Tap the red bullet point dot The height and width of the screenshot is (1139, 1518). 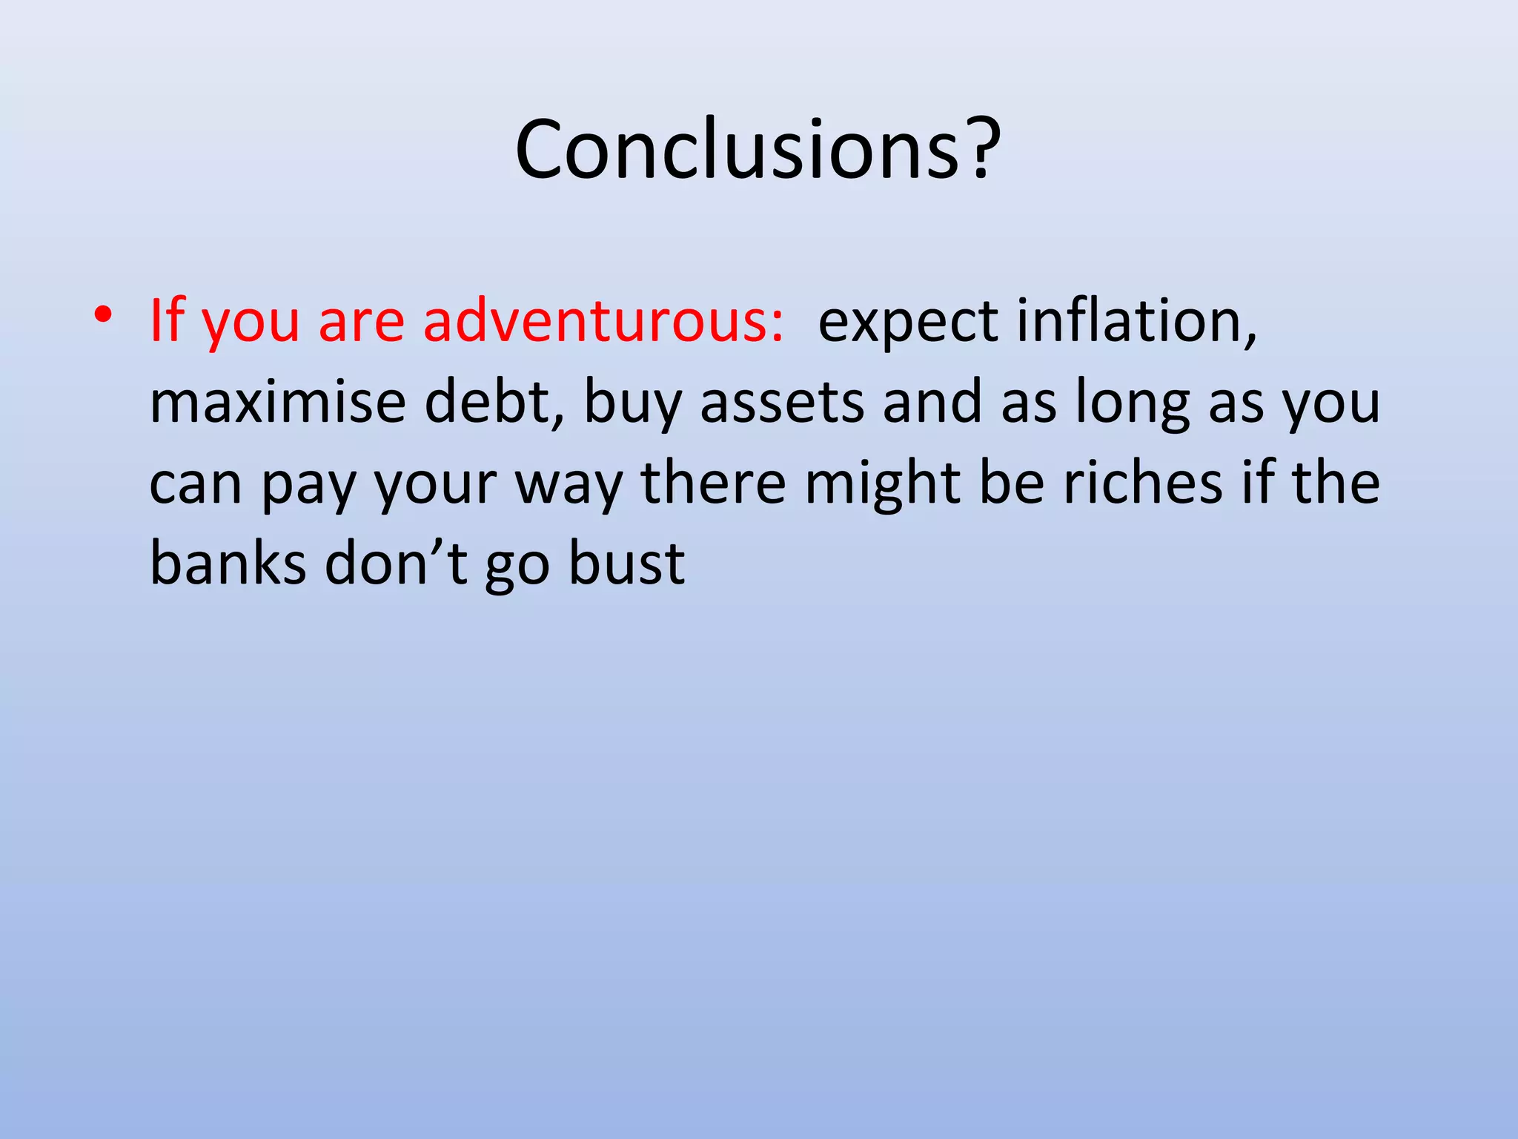point(103,314)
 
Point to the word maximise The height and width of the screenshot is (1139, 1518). point(277,401)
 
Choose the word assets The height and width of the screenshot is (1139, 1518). point(781,401)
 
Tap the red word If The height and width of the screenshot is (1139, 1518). point(166,320)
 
